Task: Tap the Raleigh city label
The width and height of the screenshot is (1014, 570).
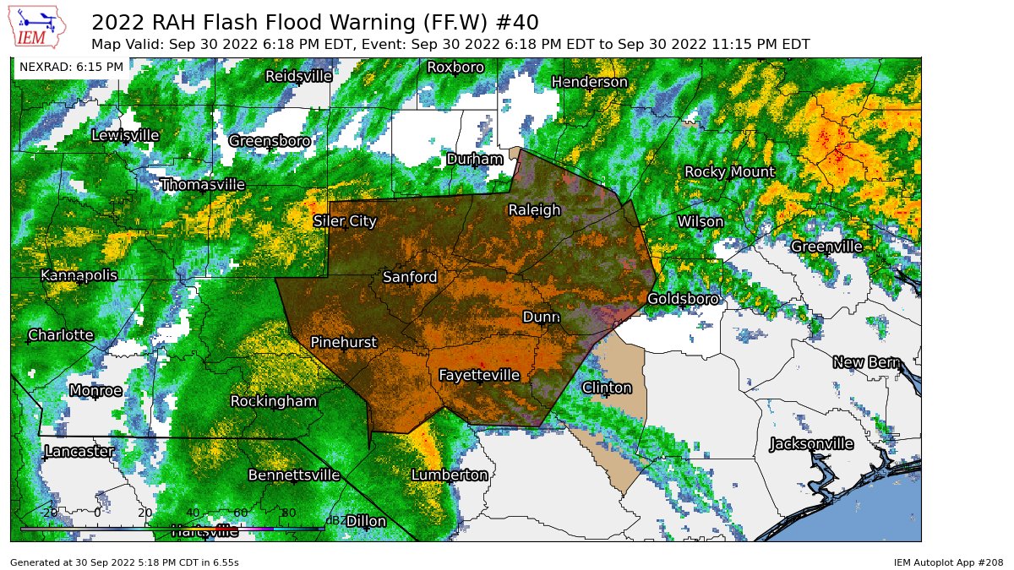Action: point(534,210)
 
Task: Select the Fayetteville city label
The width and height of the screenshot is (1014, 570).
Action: point(478,375)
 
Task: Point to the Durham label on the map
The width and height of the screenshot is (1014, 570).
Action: point(474,159)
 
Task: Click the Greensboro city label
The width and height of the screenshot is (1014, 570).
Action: point(269,141)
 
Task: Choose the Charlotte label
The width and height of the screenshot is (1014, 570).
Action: point(60,335)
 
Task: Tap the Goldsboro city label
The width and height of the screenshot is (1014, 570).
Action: point(683,299)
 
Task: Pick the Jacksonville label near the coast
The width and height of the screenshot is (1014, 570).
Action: point(811,444)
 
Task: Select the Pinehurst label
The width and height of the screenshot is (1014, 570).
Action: point(343,342)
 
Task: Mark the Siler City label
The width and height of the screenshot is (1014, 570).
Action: point(345,221)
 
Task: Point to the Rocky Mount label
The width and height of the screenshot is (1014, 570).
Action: point(728,171)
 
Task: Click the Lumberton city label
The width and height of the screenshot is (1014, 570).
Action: point(450,475)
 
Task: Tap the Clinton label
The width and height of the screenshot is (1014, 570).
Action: point(607,388)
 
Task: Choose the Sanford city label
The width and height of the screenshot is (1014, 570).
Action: point(410,277)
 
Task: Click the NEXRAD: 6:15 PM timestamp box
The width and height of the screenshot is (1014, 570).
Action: point(71,67)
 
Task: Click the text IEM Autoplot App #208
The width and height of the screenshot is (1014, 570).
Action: point(948,562)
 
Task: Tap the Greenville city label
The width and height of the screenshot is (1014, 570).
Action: point(826,247)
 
